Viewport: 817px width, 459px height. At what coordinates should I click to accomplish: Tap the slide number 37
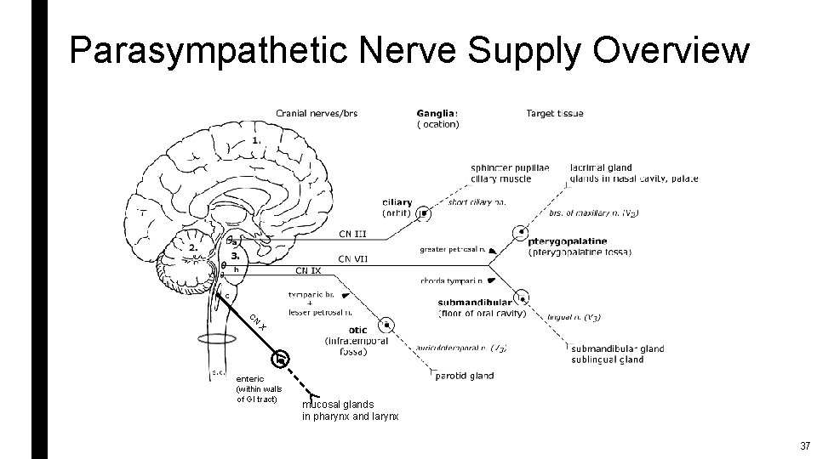[804, 446]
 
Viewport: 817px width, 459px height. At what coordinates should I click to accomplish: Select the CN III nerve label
[352, 234]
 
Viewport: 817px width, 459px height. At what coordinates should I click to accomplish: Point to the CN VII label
[352, 258]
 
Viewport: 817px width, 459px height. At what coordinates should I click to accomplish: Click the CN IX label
[308, 271]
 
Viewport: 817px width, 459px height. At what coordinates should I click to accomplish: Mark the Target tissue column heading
[555, 113]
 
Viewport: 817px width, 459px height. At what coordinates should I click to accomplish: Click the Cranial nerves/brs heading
[317, 113]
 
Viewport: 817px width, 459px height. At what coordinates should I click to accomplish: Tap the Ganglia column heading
[437, 113]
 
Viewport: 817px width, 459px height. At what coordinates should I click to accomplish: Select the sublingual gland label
[608, 360]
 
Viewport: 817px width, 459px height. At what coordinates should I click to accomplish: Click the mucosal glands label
[338, 405]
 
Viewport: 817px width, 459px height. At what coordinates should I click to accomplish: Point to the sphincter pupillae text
[510, 168]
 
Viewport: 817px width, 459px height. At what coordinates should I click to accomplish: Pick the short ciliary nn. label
[477, 202]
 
